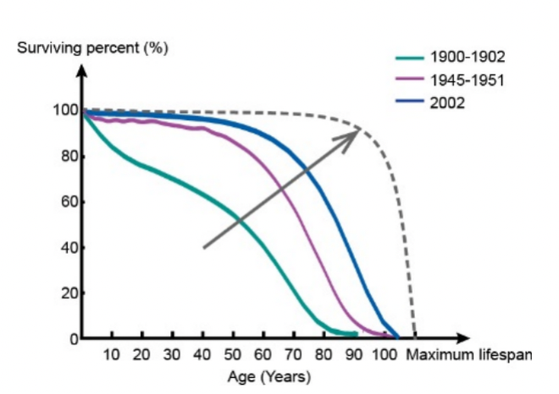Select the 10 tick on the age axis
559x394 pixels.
point(112,353)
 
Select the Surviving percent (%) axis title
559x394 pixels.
point(93,47)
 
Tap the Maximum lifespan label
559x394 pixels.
point(469,353)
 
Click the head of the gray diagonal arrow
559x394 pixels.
point(356,134)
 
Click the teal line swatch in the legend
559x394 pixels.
point(410,57)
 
